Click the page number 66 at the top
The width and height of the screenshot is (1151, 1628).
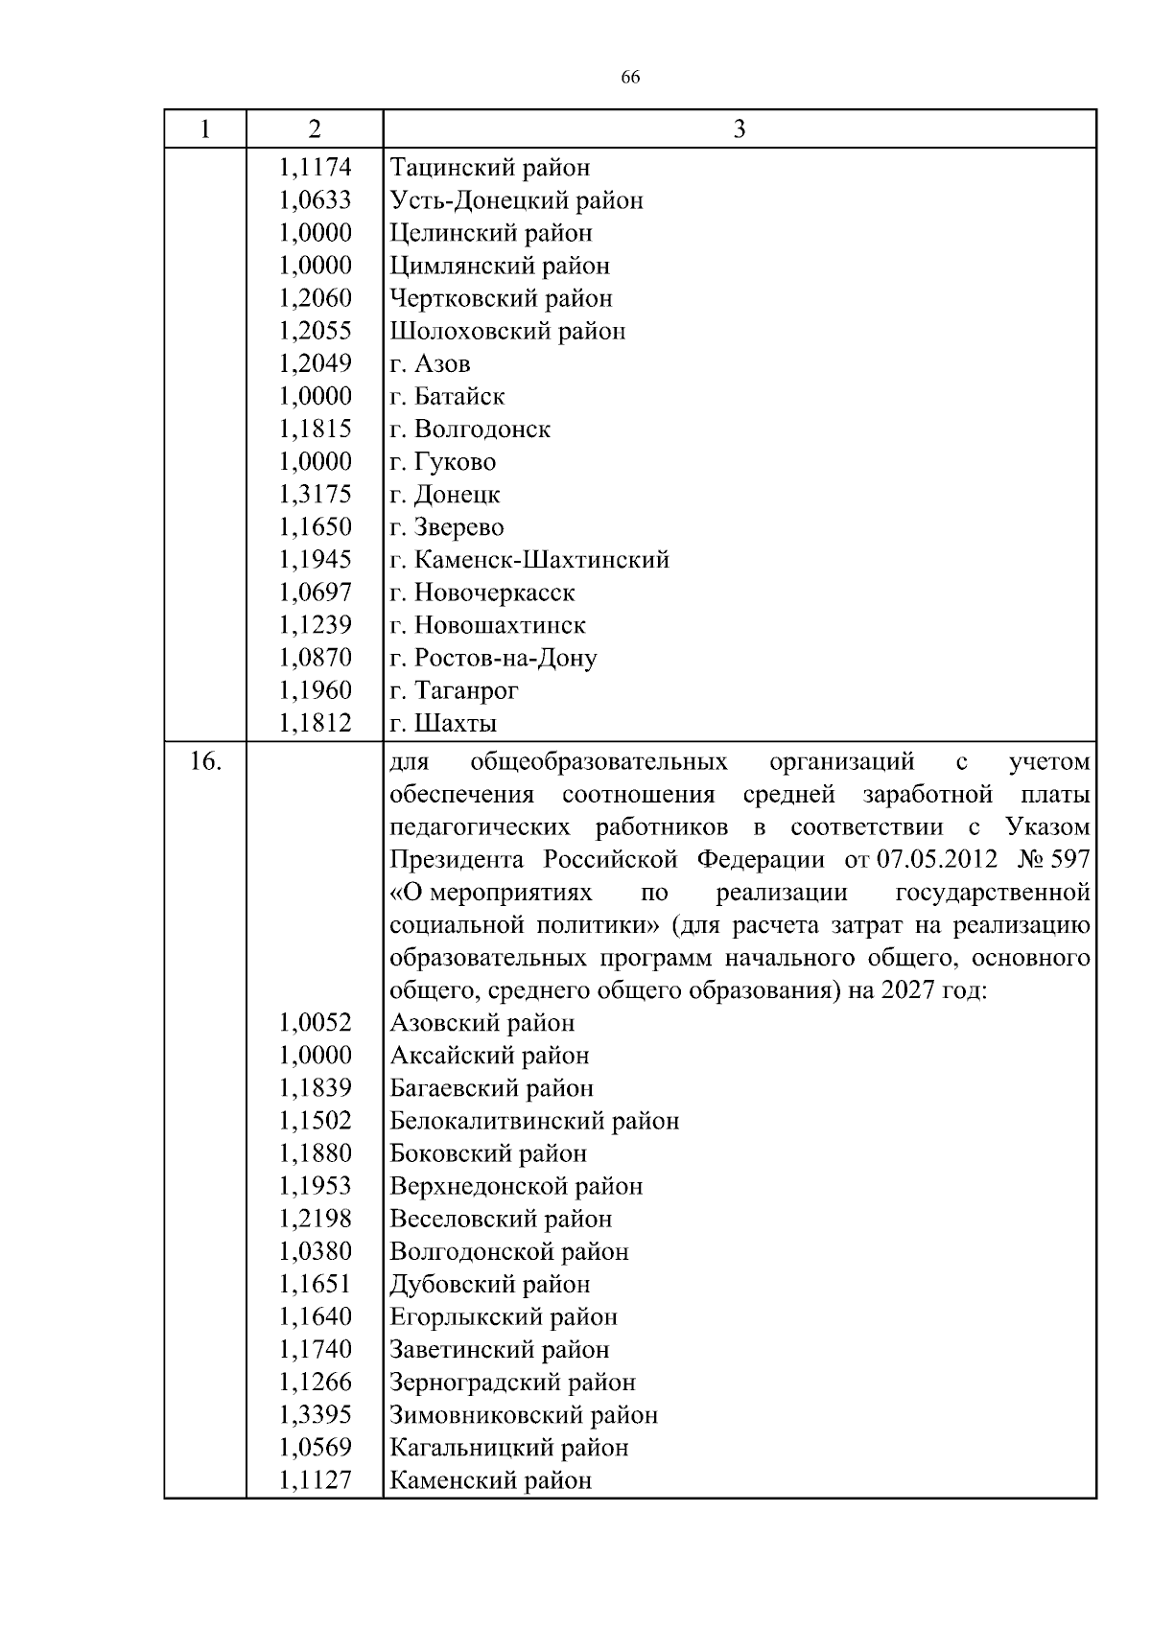click(x=630, y=78)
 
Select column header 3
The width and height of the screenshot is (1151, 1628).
click(x=739, y=129)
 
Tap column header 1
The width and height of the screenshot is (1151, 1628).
click(x=204, y=129)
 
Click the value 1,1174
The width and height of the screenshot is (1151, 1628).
click(x=316, y=168)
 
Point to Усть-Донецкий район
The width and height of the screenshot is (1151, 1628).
click(x=516, y=200)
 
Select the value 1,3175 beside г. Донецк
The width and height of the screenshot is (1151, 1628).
click(x=316, y=495)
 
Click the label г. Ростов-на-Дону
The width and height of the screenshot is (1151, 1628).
click(x=493, y=658)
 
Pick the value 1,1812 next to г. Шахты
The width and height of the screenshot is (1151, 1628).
click(x=316, y=723)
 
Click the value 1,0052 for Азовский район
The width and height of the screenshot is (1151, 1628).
click(x=316, y=1023)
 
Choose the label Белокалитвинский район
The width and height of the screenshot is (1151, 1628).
click(x=534, y=1121)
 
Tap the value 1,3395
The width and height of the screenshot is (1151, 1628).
click(x=316, y=1415)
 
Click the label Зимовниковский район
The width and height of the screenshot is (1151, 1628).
click(x=524, y=1415)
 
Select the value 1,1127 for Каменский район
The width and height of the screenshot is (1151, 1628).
click(x=316, y=1480)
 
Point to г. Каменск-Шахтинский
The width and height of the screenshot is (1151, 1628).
click(x=529, y=560)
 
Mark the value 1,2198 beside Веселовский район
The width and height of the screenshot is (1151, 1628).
click(x=316, y=1219)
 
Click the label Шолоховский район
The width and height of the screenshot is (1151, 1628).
click(x=507, y=332)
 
